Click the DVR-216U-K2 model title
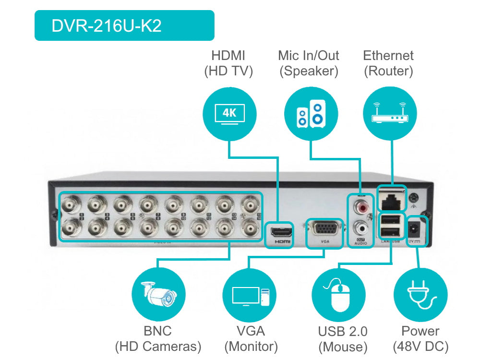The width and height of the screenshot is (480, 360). [x=107, y=26]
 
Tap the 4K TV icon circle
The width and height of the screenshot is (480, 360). [x=229, y=114]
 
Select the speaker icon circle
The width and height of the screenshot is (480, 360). [x=310, y=114]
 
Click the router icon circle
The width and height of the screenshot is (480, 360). [x=389, y=114]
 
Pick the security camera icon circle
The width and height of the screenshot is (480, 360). [x=158, y=294]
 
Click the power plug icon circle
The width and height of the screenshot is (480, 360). [x=420, y=294]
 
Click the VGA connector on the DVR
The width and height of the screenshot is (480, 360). [x=324, y=229]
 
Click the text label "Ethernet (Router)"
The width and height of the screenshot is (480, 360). [x=388, y=63]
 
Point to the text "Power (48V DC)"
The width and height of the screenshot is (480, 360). [x=420, y=338]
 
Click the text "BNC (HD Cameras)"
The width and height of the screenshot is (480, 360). [x=157, y=338]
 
